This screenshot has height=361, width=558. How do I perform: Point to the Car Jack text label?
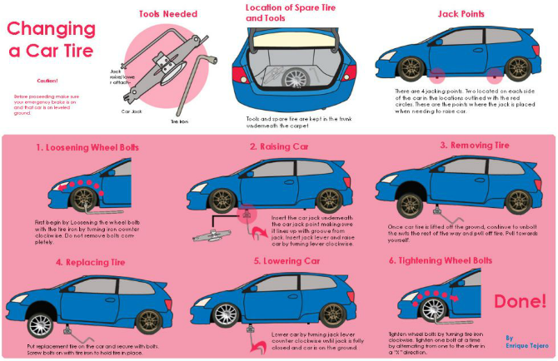point(132,111)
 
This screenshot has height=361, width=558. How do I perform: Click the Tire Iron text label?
point(180,122)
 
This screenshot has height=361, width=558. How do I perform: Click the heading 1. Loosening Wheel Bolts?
point(87,147)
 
